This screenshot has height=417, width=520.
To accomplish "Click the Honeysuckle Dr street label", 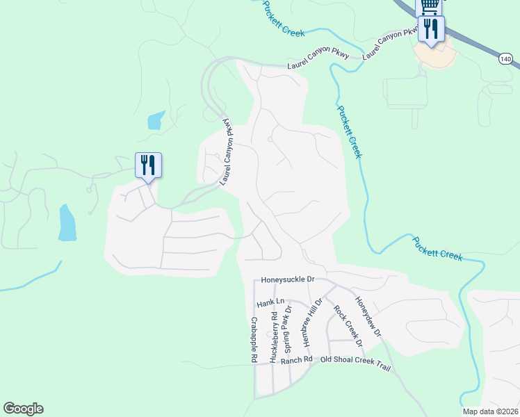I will (x=288, y=279).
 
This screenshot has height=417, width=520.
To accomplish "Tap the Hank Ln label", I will (x=271, y=302).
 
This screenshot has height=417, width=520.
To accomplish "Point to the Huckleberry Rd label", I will (x=274, y=337).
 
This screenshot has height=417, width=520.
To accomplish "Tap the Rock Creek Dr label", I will (x=348, y=325).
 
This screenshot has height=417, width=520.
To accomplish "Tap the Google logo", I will (x=23, y=409).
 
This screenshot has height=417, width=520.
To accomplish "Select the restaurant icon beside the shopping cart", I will (x=431, y=28).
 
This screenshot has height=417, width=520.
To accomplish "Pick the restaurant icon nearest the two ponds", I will (x=148, y=165).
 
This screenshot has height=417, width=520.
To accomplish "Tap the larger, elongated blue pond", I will (x=67, y=222).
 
